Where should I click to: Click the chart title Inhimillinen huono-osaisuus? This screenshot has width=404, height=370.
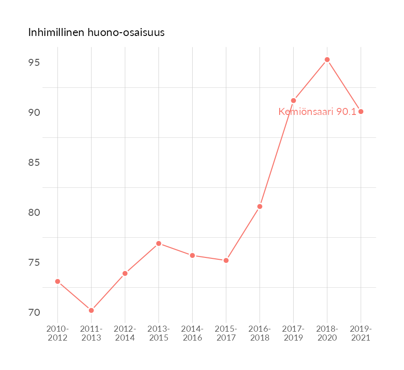click(x=96, y=33)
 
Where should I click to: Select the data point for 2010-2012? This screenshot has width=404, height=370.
click(x=58, y=281)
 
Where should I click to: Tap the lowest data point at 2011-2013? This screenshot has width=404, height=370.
click(x=91, y=310)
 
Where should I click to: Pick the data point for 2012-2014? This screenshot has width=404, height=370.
click(x=125, y=273)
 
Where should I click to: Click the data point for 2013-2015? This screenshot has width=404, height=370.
click(x=159, y=243)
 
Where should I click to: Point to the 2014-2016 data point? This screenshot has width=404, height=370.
click(x=192, y=256)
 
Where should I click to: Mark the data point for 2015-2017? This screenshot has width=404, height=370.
click(x=226, y=260)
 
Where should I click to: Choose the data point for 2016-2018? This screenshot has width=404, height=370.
click(x=260, y=206)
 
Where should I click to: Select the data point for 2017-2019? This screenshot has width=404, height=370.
click(x=293, y=100)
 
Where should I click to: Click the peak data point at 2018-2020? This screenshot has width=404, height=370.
click(x=327, y=60)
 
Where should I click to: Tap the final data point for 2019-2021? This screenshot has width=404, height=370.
click(x=361, y=111)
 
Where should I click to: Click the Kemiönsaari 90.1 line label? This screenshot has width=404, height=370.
click(x=317, y=112)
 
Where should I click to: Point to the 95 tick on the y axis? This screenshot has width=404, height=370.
click(x=34, y=63)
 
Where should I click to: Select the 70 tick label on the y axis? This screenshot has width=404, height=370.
click(x=34, y=312)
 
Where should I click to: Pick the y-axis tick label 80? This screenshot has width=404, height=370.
click(x=34, y=213)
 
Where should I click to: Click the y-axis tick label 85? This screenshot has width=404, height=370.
click(x=34, y=163)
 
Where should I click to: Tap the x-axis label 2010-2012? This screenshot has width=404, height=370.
click(x=58, y=334)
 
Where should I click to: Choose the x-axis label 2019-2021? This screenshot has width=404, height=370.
click(x=361, y=334)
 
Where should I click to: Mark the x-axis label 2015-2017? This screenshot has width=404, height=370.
click(x=226, y=334)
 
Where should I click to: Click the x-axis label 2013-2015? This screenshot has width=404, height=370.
click(x=159, y=334)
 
